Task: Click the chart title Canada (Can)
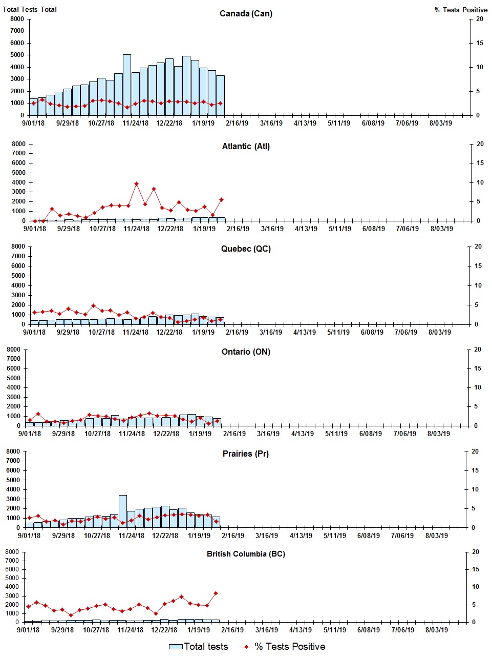tap(246, 13)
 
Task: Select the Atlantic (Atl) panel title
tap(246, 146)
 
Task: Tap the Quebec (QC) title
tap(246, 249)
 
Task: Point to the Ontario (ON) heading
tap(246, 352)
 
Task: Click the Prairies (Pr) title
tap(246, 454)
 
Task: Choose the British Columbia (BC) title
tap(246, 554)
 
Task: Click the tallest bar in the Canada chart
tap(127, 85)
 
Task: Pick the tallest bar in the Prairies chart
tap(123, 511)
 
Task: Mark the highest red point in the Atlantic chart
tap(136, 183)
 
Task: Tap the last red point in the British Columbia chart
tap(216, 593)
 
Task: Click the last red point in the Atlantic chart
tap(221, 199)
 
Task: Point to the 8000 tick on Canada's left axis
tap(17, 19)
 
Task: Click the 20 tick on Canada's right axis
tap(480, 19)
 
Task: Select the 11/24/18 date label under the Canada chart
tap(135, 123)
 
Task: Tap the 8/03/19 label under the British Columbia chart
tap(436, 630)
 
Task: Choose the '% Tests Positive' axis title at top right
tap(461, 10)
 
